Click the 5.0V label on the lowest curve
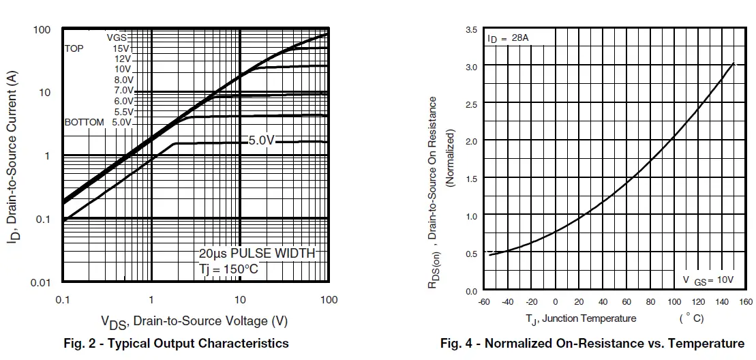click(x=261, y=140)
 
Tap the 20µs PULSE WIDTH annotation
click(x=257, y=253)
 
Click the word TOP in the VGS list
click(x=74, y=48)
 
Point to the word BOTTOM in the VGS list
click(x=85, y=122)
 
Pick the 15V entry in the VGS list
click(x=121, y=48)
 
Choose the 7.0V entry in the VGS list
click(x=123, y=91)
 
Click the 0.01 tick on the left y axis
click(x=42, y=282)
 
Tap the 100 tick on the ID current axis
click(x=42, y=29)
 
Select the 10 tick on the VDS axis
click(x=240, y=300)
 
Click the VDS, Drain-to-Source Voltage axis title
click(x=194, y=320)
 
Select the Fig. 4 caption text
click(x=592, y=343)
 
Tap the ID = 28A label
click(x=508, y=39)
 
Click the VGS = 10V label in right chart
click(x=708, y=280)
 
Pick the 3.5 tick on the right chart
click(x=471, y=30)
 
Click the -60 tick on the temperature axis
click(x=485, y=302)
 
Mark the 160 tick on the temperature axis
click(x=746, y=302)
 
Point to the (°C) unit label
click(x=691, y=318)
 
